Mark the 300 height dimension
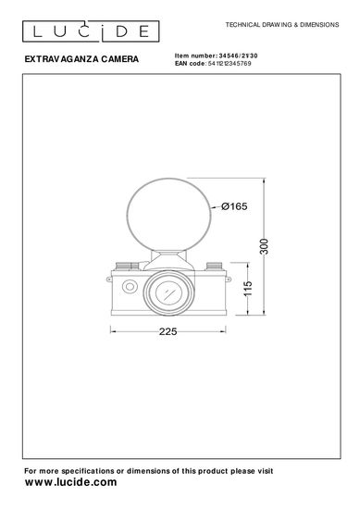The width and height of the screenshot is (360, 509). pos(265,246)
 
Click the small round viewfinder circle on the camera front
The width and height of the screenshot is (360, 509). pos(130,286)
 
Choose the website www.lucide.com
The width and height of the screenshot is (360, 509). pos(70,482)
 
